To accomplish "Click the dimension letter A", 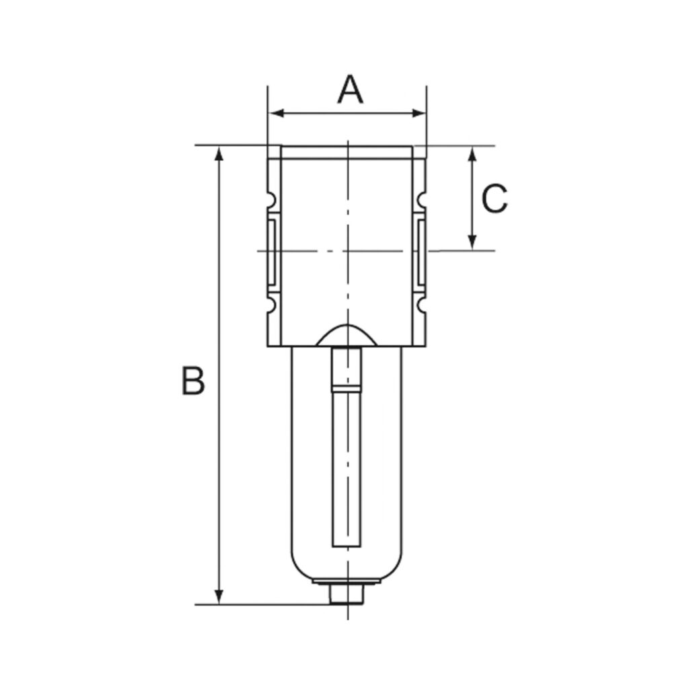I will pos(350,90).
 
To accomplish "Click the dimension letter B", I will pos(192,381).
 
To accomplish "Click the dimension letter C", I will pos(495,199).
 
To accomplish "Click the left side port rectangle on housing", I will pos(273,251).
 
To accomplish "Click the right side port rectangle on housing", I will pos(421,251).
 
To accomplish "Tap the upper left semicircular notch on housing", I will pos(271,200).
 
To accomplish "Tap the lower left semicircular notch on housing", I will pos(271,305).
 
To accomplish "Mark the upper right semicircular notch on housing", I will pos(423,200).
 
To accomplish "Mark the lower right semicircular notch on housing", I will pos(423,305).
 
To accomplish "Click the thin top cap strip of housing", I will pos(347,153).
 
